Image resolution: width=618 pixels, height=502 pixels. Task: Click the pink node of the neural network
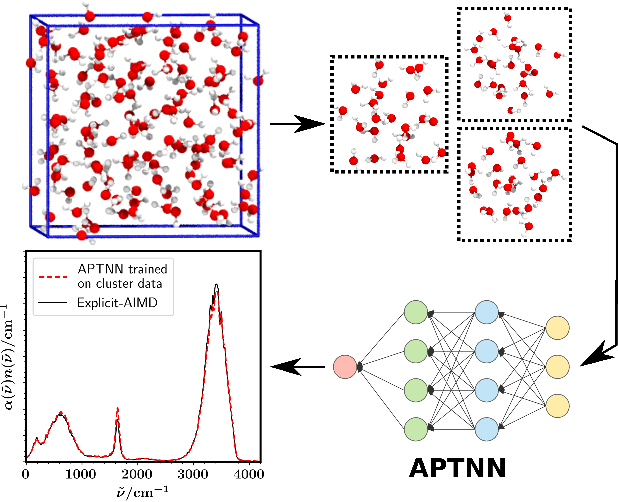(345, 367)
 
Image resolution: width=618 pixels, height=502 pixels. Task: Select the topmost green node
(416, 312)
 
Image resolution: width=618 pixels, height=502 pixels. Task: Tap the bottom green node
(416, 429)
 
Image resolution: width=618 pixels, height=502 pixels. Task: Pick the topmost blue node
(486, 312)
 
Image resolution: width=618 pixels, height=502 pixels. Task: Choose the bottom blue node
(486, 429)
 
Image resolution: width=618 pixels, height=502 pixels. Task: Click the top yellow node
(557, 328)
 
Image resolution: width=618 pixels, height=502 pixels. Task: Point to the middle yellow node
(557, 367)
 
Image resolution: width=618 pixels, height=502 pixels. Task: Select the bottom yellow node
(557, 406)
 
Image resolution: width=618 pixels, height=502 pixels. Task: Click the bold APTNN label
(458, 468)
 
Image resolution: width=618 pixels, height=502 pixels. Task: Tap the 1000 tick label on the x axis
(81, 474)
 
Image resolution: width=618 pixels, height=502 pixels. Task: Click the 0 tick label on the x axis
(26, 474)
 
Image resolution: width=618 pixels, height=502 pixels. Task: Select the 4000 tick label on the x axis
(249, 474)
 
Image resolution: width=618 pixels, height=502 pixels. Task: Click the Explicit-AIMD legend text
(117, 303)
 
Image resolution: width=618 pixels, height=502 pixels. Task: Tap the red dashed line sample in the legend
(53, 277)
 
